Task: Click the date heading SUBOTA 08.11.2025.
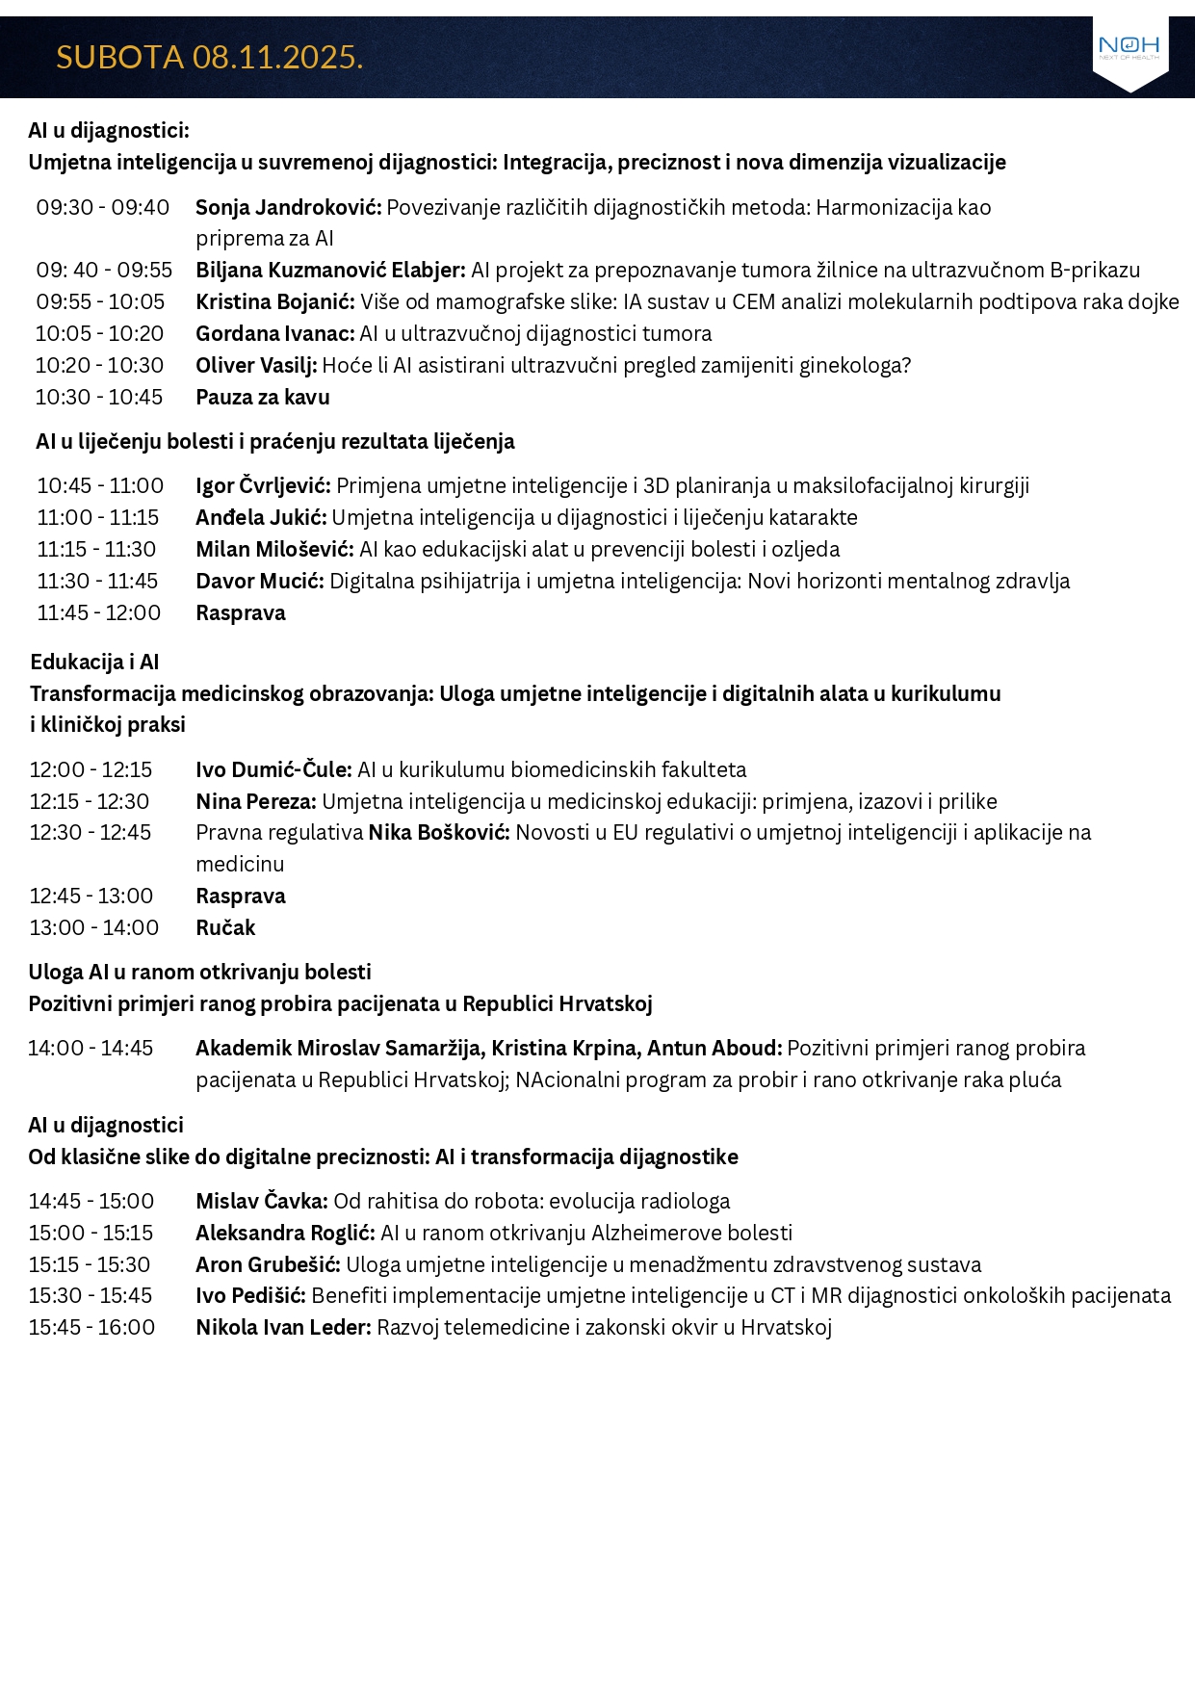[209, 58]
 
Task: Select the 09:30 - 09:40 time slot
[103, 208]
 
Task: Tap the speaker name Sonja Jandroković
[288, 208]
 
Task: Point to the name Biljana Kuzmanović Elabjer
[330, 271]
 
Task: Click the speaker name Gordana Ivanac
[274, 334]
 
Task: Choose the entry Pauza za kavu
[263, 398]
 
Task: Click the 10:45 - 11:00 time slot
[100, 486]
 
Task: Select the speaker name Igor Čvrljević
[263, 486]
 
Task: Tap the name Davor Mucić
[259, 582]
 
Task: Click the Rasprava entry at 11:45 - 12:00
[241, 613]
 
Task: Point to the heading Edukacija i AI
[94, 663]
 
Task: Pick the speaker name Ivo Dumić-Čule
[273, 770]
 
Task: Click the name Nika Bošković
[439, 833]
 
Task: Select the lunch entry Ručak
[225, 928]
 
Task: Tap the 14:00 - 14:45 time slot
[91, 1049]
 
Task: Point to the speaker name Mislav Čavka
[262, 1202]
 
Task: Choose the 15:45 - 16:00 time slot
[91, 1328]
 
